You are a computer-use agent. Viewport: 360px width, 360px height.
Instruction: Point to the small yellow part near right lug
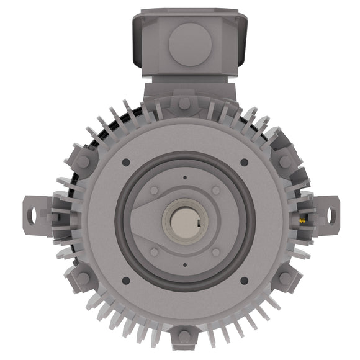pyautogui.click(x=302, y=220)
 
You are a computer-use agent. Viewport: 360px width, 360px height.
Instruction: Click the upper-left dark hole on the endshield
pyautogui.click(x=126, y=162)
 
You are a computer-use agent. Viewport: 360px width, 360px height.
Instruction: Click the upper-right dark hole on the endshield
pyautogui.click(x=244, y=162)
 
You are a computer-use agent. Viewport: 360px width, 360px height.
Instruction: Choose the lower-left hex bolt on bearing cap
pyautogui.click(x=155, y=252)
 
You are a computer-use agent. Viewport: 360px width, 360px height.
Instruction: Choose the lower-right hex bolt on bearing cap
pyautogui.click(x=215, y=252)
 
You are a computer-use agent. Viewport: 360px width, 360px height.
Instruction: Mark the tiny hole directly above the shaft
pyautogui.click(x=185, y=178)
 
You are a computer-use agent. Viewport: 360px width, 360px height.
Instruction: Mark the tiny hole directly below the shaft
pyautogui.click(x=185, y=266)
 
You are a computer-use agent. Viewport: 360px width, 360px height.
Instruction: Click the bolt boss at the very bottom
pyautogui.click(x=184, y=337)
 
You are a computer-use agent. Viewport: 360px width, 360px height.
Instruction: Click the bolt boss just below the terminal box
pyautogui.click(x=184, y=103)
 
